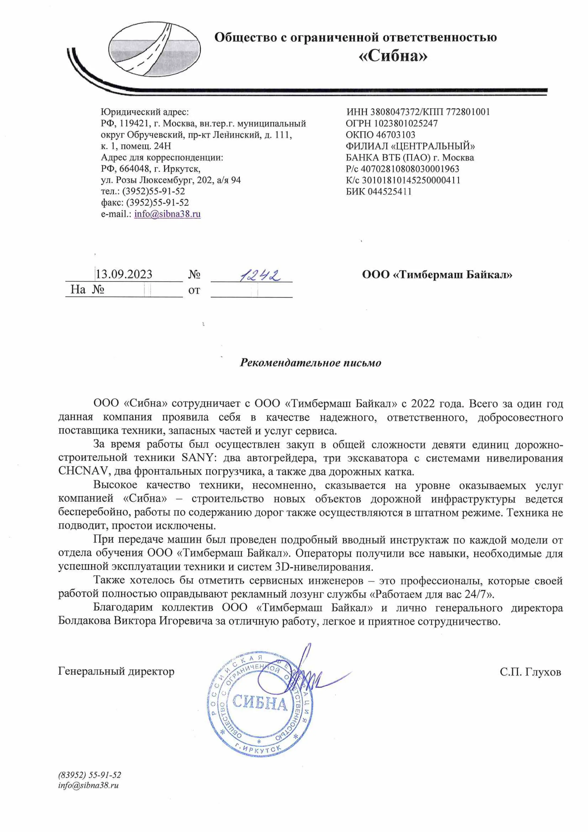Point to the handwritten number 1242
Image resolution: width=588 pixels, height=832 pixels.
click(260, 276)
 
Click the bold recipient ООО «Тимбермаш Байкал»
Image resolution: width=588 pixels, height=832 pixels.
click(437, 274)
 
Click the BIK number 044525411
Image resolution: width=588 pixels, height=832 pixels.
click(390, 191)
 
